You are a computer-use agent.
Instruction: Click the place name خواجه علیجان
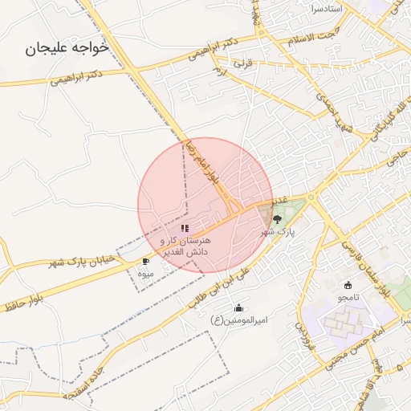pyautogui.click(x=76, y=49)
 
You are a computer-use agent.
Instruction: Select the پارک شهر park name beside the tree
pyautogui.click(x=278, y=231)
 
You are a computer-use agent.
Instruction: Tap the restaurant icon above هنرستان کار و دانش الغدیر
pyautogui.click(x=185, y=229)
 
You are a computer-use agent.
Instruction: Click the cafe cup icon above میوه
pyautogui.click(x=145, y=262)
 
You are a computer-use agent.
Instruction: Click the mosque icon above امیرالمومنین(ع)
pyautogui.click(x=238, y=308)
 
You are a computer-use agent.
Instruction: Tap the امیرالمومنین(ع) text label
pyautogui.click(x=238, y=320)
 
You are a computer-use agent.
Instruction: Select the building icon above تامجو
pyautogui.click(x=348, y=285)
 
